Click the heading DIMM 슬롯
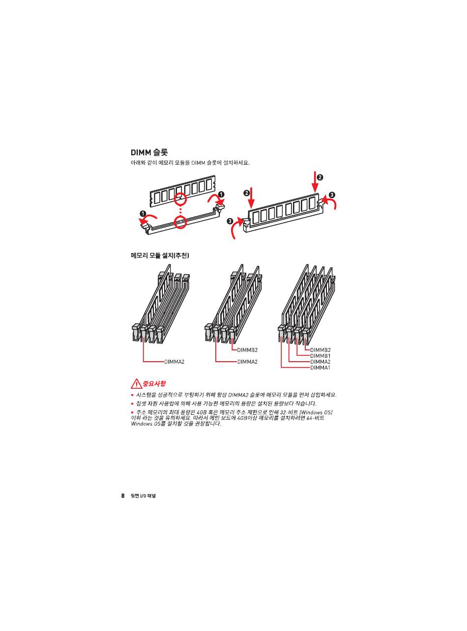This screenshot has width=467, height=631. [x=149, y=152]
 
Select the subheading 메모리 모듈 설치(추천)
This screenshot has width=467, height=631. [x=160, y=255]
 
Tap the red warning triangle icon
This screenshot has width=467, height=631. [x=136, y=384]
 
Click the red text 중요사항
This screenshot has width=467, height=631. [x=154, y=384]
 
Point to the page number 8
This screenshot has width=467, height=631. [x=123, y=495]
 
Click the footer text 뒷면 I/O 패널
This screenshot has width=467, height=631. [x=143, y=496]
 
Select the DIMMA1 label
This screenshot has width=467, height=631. [x=320, y=368]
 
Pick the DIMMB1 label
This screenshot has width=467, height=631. [x=320, y=356]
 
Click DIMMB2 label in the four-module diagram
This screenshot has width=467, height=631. [x=320, y=350]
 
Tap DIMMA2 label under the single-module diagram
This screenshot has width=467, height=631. [x=174, y=362]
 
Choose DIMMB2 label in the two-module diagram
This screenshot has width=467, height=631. [x=247, y=350]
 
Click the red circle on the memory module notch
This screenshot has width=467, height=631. [x=180, y=198]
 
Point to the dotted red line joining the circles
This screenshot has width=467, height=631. [x=180, y=210]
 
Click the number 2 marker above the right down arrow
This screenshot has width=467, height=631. [x=320, y=177]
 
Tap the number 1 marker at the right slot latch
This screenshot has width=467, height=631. [x=221, y=194]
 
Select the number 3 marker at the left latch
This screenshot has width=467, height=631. [x=230, y=221]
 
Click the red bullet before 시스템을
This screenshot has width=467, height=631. [x=132, y=395]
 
